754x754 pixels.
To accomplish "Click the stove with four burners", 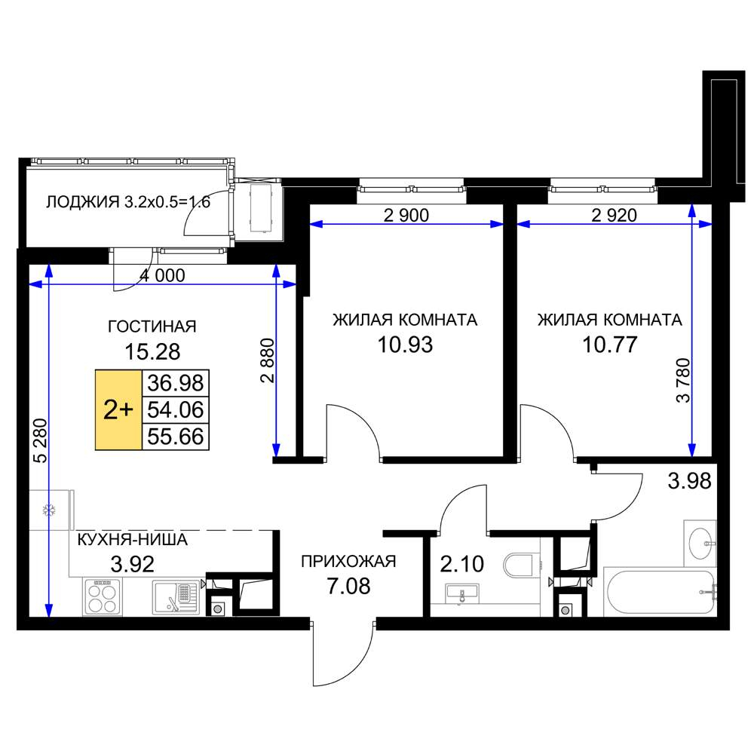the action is (103, 596).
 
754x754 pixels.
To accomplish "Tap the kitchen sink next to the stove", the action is (176, 597).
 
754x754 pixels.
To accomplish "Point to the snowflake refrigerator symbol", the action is (49, 510).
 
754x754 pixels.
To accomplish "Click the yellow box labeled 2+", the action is (118, 409).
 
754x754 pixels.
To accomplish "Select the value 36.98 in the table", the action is (176, 383).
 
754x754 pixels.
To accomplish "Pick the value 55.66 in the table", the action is (176, 437).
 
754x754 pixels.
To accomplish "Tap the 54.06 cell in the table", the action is (176, 409).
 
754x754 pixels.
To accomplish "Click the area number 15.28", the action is (152, 351).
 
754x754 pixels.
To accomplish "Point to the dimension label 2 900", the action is (406, 215).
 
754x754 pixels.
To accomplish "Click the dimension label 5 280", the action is (41, 440).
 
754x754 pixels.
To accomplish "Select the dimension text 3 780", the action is (683, 380).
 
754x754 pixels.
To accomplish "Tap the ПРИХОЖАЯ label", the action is (348, 561).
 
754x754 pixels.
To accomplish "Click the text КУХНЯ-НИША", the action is (132, 540).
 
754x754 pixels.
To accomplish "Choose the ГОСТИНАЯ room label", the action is (152, 326).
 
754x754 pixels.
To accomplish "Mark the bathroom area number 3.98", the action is (690, 481).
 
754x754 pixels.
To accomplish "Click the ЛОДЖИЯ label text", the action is (82, 202).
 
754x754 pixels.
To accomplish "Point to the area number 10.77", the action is (610, 345).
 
